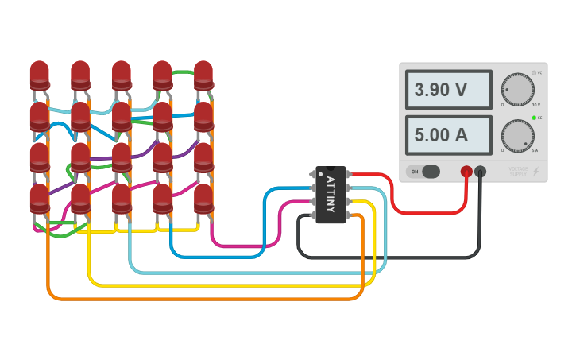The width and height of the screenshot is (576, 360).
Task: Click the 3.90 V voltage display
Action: pos(448,90)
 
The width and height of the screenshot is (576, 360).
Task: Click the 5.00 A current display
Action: pos(448,135)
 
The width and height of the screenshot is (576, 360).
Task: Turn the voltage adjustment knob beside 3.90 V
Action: pos(517,90)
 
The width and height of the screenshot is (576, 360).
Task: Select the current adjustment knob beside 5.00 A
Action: pos(517,136)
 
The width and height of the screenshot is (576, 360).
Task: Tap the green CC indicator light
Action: pos(534,118)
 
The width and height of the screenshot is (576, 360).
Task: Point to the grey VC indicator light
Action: pos(534,72)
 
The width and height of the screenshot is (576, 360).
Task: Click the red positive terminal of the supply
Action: pos(466,171)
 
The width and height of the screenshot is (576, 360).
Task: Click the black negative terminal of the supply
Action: pos(481,171)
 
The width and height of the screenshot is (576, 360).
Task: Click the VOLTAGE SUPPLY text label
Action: pos(518,171)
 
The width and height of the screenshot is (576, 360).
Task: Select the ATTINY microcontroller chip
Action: pos(331,195)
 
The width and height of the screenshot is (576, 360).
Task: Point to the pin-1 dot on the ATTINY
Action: pos(321,172)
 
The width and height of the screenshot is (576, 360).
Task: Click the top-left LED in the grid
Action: pos(40,75)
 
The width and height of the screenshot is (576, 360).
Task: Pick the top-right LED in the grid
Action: pos(203,75)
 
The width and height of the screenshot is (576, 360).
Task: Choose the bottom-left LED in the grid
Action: pos(40,198)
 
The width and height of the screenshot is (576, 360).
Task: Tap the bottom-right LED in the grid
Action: pos(203,198)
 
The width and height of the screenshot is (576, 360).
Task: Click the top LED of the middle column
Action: pos(122,75)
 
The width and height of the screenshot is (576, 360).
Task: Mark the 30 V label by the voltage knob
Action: pos(535,105)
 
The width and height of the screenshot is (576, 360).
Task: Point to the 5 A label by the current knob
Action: pos(535,150)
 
